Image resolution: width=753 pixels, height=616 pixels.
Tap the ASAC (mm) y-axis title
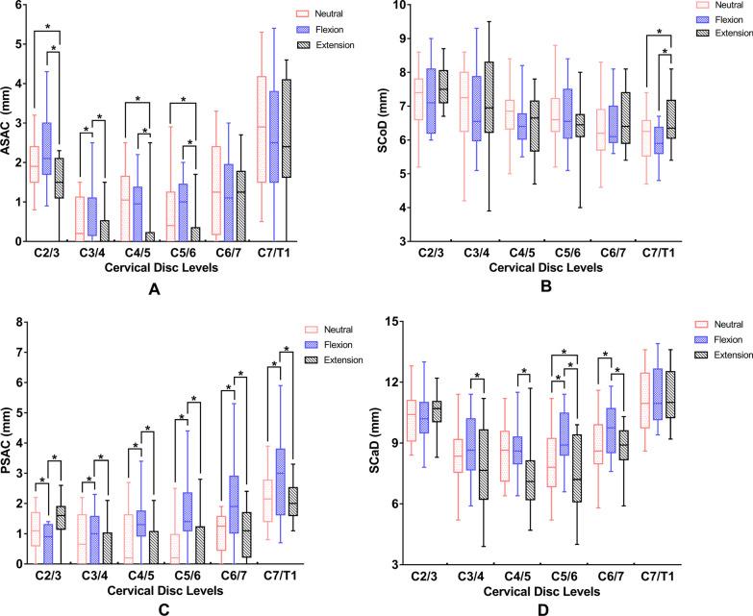point(13,124)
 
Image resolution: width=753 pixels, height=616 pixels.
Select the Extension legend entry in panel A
point(318,45)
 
